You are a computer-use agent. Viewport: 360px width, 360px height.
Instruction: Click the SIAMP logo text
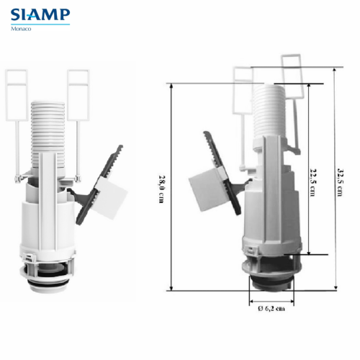40,14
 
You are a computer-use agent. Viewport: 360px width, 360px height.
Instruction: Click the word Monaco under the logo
21,29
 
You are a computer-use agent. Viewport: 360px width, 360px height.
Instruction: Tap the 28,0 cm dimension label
161,189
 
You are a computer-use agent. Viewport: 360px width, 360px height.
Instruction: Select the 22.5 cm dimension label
312,182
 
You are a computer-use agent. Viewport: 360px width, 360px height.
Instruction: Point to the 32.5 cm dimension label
341,182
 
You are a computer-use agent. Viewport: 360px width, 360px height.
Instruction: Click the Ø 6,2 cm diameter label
271,308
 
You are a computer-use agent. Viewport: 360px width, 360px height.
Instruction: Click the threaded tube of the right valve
269,110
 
